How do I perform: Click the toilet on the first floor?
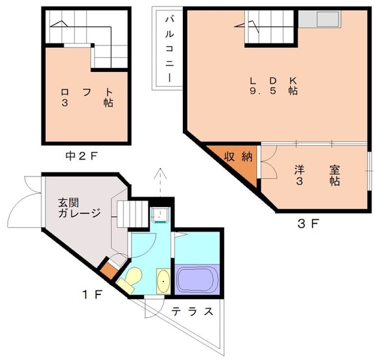click(130, 279)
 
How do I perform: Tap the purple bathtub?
click(198, 279)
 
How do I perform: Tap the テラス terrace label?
click(192, 311)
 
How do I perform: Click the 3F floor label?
click(307, 224)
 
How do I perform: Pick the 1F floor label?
click(92, 294)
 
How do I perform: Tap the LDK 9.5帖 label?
click(274, 86)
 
